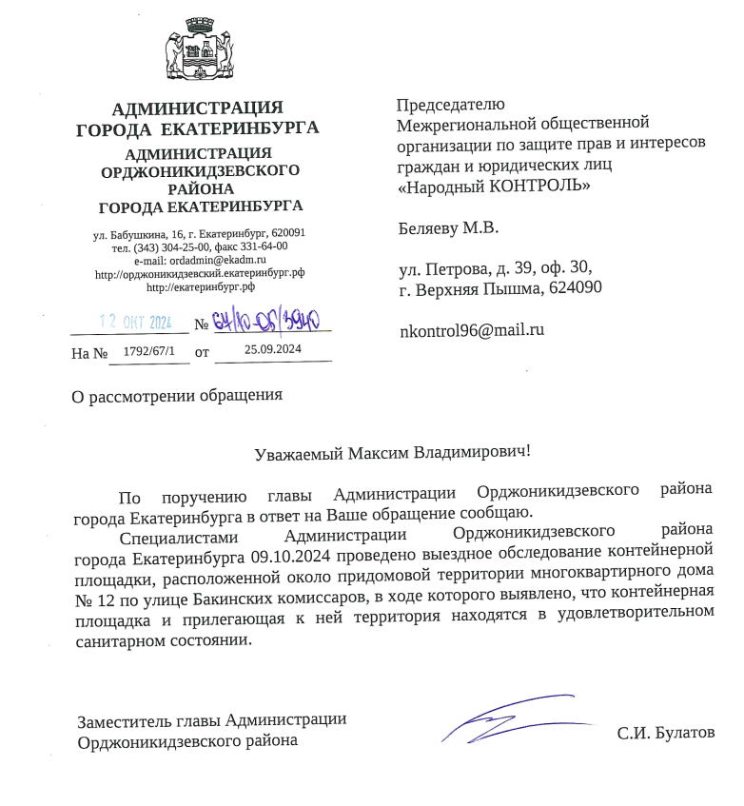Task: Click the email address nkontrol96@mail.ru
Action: click(x=470, y=330)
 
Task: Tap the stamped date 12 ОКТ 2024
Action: click(x=135, y=323)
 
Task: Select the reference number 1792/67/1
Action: click(x=150, y=351)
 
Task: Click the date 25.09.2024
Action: click(x=273, y=350)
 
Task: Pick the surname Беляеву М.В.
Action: click(x=447, y=228)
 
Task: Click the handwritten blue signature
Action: click(x=514, y=720)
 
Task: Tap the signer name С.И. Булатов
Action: click(x=665, y=733)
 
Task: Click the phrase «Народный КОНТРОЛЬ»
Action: click(x=493, y=187)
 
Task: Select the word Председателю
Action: click(x=450, y=105)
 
